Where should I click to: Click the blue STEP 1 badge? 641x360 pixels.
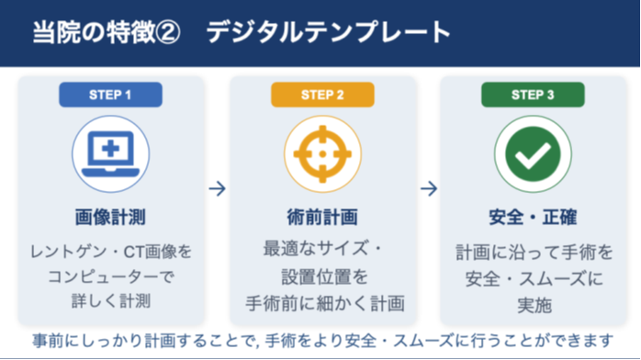(110, 95)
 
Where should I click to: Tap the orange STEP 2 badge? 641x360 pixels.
(322, 95)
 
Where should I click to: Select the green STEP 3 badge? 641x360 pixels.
(533, 95)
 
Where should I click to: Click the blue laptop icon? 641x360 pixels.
(110, 154)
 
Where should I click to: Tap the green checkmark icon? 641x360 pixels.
(533, 154)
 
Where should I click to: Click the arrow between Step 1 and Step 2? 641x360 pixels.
(217, 189)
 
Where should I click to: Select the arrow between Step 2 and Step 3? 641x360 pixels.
(429, 189)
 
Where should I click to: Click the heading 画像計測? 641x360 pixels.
(110, 217)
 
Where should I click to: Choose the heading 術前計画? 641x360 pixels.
(322, 217)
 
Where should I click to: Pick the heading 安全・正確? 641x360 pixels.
(533, 217)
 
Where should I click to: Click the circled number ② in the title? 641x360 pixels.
(168, 32)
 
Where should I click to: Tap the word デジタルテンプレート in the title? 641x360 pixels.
(328, 32)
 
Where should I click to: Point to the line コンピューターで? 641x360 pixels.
(111, 276)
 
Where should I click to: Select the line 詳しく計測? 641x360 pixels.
(111, 301)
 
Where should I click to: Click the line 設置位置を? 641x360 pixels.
(324, 276)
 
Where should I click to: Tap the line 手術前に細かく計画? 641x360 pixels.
(325, 303)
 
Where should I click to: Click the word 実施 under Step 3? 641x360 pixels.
(534, 305)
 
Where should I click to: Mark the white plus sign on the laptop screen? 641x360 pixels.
(110, 149)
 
